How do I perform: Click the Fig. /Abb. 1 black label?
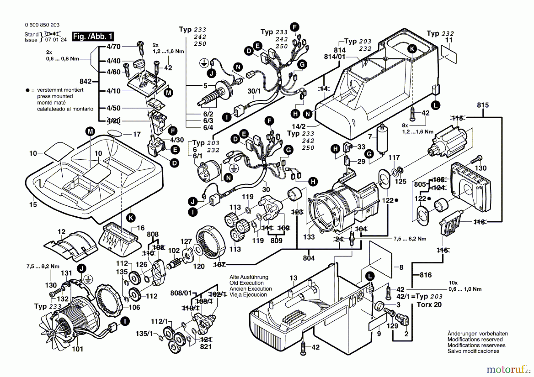click(93, 36)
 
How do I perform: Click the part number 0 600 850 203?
click(42, 25)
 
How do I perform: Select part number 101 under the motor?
click(77, 349)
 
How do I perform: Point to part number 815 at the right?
click(483, 105)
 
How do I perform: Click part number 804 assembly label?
click(309, 258)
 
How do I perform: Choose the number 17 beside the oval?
click(137, 134)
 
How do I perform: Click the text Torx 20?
click(429, 305)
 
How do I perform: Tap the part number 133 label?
click(309, 237)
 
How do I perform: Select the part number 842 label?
click(86, 81)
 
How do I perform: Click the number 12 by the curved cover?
click(61, 232)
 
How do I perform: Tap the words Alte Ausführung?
click(249, 277)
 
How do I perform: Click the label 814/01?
click(335, 57)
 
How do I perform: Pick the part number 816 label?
click(426, 275)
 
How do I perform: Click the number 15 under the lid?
click(33, 205)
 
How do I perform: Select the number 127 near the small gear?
click(186, 241)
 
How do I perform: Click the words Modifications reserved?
click(475, 339)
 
